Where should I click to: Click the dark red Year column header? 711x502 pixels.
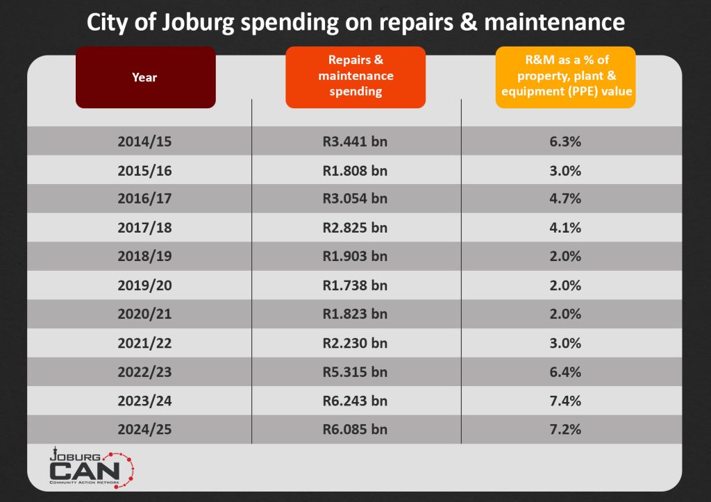[145, 77]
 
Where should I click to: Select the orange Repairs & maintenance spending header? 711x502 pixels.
[355, 76]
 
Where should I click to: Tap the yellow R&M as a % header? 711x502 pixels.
[565, 76]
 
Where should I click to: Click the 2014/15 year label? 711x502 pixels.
[144, 141]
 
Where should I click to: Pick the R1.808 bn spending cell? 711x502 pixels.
[355, 170]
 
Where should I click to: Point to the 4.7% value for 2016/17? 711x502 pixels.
[564, 199]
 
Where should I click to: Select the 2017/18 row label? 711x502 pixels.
[144, 228]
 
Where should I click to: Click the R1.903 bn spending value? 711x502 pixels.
[355, 256]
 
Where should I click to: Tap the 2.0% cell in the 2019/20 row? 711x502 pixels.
[564, 285]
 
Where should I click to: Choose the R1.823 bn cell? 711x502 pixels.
[355, 314]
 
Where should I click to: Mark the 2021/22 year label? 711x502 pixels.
[144, 343]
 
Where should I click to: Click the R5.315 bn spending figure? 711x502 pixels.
[355, 371]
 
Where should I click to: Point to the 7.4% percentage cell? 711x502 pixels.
[564, 401]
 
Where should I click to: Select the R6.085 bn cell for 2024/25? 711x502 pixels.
[355, 429]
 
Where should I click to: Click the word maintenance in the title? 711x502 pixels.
[554, 23]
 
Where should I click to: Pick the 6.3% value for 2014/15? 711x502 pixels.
[564, 141]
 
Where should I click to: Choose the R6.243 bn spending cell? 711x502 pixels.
[355, 401]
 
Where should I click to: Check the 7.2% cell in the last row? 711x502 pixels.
[564, 429]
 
